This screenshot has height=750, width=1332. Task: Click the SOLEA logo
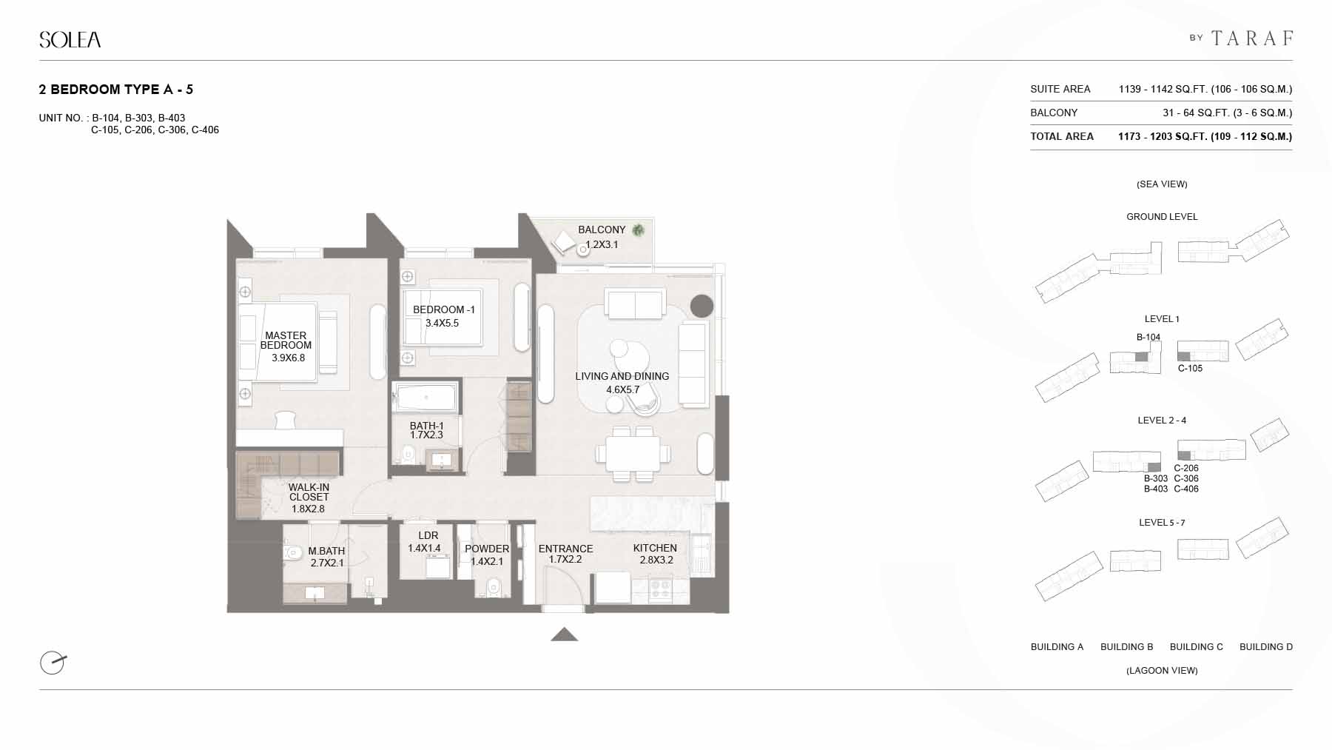click(70, 39)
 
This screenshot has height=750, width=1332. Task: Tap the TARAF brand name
click(1252, 38)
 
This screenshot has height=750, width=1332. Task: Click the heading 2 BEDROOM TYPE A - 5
click(116, 90)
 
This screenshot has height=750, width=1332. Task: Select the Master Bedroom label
click(286, 341)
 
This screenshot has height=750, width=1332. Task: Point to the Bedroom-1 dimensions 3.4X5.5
click(442, 324)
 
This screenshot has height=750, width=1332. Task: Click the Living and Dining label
click(622, 376)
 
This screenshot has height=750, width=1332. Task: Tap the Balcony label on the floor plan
click(602, 230)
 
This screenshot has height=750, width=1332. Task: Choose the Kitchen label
click(655, 549)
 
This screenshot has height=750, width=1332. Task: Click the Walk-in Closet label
click(309, 492)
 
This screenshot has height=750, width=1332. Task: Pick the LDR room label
click(428, 535)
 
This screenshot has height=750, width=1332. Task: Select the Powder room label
click(487, 549)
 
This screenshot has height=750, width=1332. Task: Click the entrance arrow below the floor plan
click(565, 634)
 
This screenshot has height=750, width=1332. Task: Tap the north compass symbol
click(53, 662)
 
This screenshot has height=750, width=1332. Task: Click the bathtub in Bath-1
click(426, 398)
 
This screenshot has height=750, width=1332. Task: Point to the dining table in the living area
click(633, 452)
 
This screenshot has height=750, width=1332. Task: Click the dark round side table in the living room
click(702, 306)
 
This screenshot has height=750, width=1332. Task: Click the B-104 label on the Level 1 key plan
click(1148, 338)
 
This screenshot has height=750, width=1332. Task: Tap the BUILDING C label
click(1197, 647)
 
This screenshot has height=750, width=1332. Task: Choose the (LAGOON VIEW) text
click(1162, 671)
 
